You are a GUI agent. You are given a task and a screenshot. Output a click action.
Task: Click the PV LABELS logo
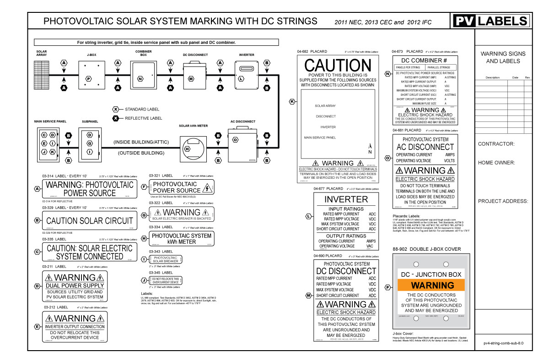click(x=491, y=21)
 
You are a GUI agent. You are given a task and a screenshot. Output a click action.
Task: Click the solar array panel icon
click(x=42, y=74)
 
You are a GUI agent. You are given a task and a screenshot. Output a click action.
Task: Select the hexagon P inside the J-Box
click(x=88, y=79)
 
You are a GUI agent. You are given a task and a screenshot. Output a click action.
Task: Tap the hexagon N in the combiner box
click(x=140, y=79)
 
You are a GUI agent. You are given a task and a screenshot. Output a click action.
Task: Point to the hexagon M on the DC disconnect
click(x=192, y=79)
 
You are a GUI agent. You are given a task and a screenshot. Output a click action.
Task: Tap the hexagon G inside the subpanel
click(x=90, y=143)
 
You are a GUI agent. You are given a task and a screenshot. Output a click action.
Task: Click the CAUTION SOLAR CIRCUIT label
click(x=90, y=220)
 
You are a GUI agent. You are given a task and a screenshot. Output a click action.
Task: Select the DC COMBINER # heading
click(x=423, y=60)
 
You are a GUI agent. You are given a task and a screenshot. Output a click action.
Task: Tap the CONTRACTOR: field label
click(x=496, y=144)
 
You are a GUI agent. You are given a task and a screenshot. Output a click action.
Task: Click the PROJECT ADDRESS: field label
click(x=503, y=201)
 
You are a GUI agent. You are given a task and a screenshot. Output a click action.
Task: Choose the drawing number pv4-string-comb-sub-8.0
click(x=503, y=342)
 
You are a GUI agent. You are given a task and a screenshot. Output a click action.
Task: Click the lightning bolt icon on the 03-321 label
click(x=208, y=187)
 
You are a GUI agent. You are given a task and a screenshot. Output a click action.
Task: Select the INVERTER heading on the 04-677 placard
click(x=346, y=199)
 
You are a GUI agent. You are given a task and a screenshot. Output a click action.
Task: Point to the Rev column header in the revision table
click(x=527, y=77)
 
